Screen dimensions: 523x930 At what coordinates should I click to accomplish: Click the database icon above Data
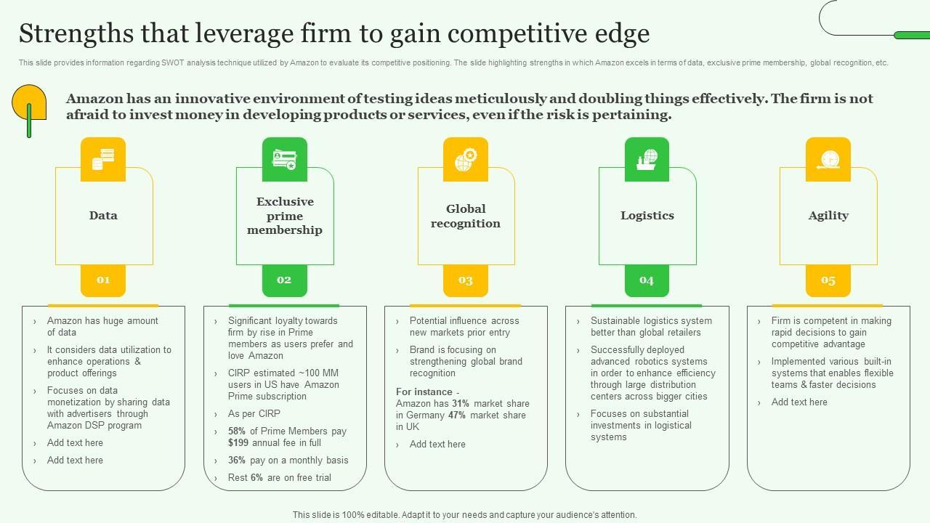click(103, 159)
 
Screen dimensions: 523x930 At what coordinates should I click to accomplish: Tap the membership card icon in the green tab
click(284, 159)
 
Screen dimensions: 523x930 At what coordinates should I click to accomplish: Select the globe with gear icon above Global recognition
click(466, 159)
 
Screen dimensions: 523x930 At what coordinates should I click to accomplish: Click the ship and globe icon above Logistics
click(647, 159)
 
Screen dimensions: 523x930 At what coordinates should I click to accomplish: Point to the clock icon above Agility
click(828, 159)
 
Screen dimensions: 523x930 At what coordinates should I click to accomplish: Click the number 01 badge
click(103, 280)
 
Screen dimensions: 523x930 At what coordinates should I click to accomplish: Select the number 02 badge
click(284, 280)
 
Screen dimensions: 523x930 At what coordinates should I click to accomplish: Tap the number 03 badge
click(466, 280)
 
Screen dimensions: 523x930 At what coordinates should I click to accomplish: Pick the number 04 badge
click(647, 280)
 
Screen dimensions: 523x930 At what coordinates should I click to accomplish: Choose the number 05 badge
click(828, 280)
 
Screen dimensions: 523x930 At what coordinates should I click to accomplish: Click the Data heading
click(103, 216)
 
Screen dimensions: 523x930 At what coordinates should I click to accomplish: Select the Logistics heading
click(647, 216)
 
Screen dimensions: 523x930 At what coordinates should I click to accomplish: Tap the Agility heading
click(828, 216)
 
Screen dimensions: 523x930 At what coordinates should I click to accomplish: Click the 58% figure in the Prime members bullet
click(237, 431)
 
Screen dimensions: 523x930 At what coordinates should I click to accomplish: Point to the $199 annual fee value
click(238, 443)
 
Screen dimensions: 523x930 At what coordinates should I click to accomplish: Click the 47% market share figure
click(456, 415)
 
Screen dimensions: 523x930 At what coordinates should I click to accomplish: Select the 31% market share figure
click(461, 404)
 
